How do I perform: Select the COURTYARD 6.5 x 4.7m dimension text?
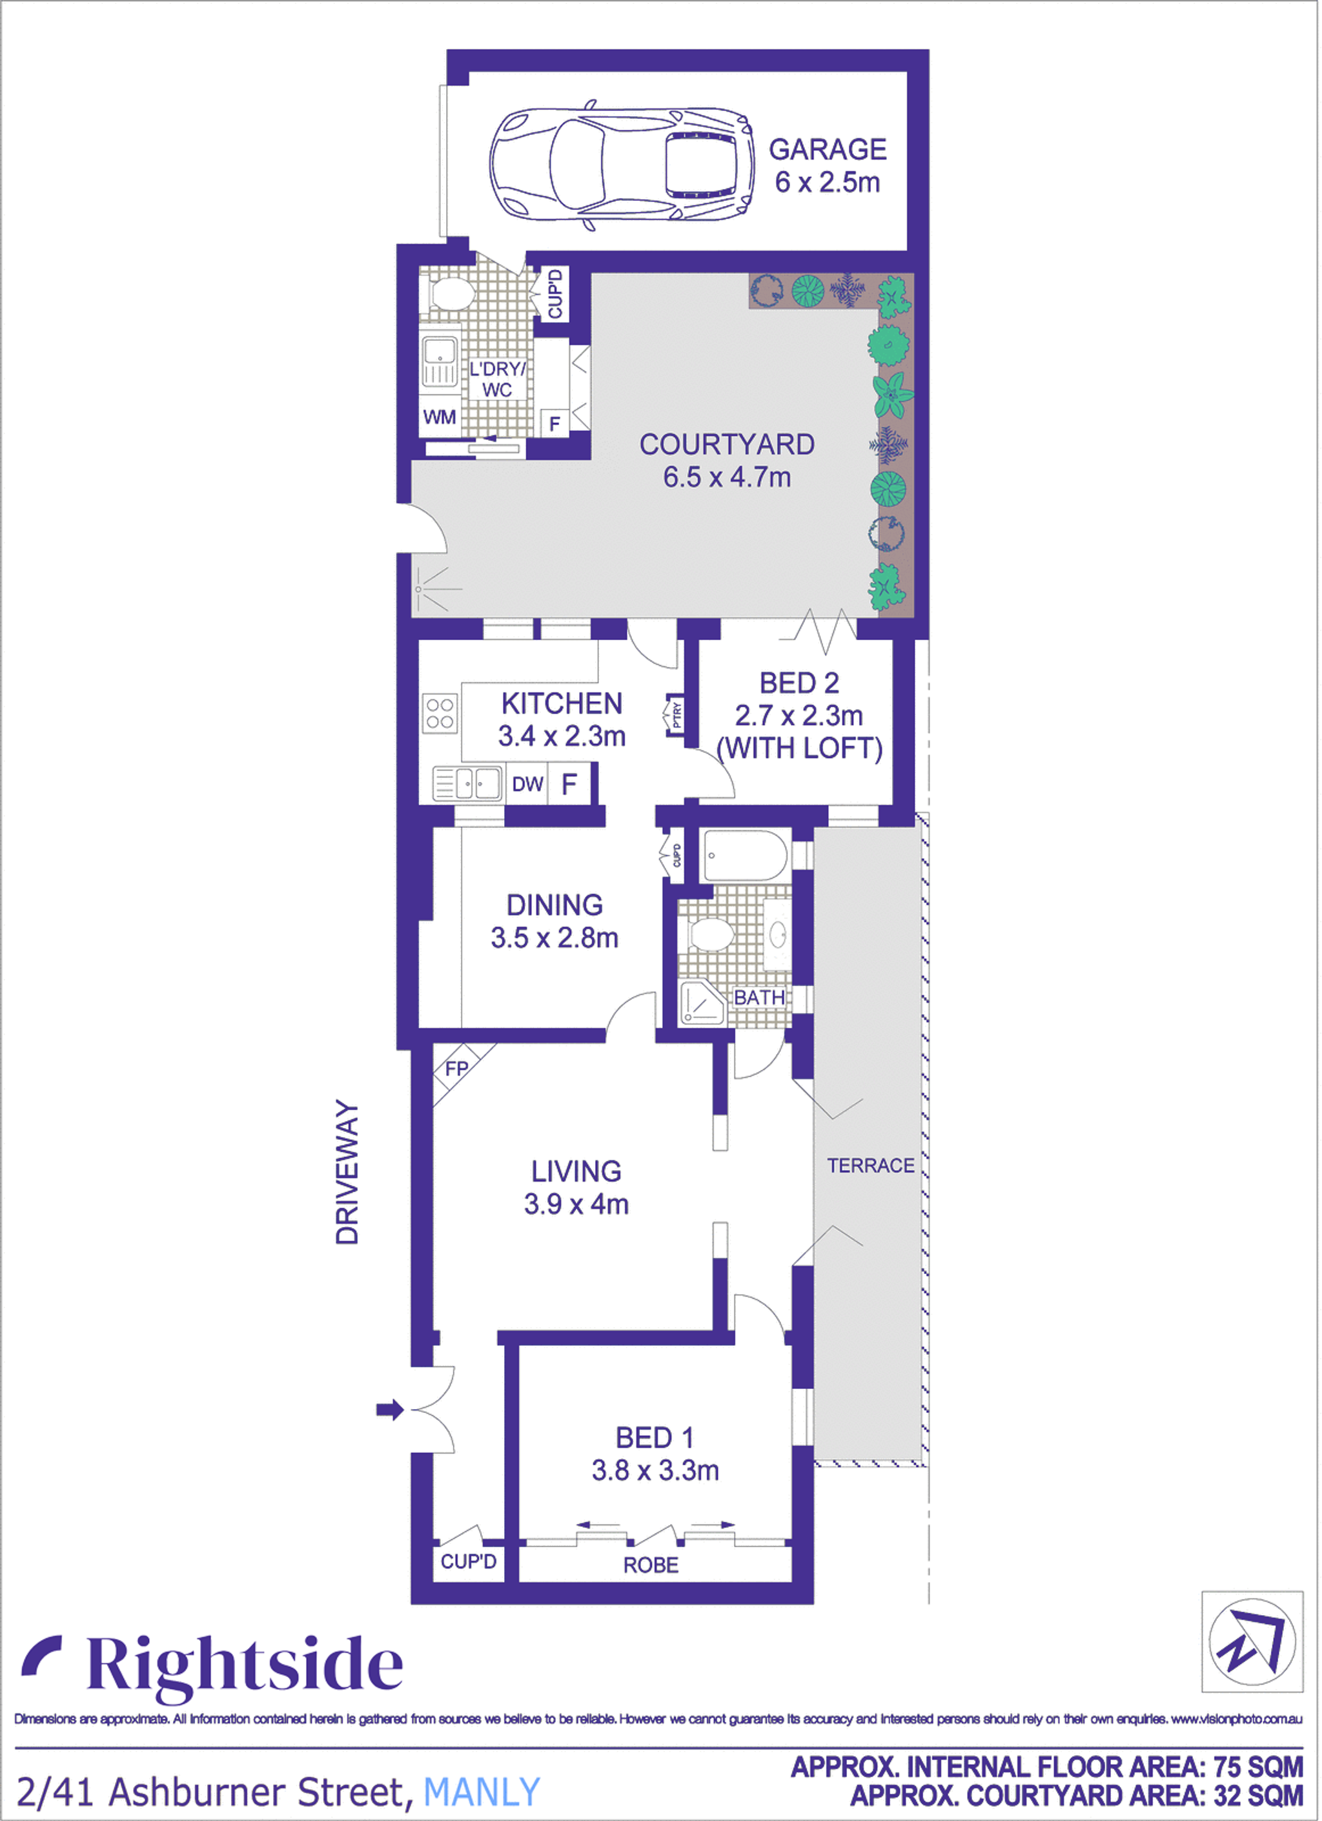pos(727,477)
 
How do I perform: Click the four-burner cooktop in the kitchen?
pos(440,713)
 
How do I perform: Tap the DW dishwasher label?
pos(527,785)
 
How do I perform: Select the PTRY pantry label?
pos(676,714)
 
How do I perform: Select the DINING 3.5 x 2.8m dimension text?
pos(554,938)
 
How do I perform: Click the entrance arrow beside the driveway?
pos(390,1409)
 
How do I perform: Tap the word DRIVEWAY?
pos(347,1172)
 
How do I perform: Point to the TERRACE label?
pos(871,1165)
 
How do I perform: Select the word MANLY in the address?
pos(482,1792)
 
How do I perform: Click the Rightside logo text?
pos(245,1666)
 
